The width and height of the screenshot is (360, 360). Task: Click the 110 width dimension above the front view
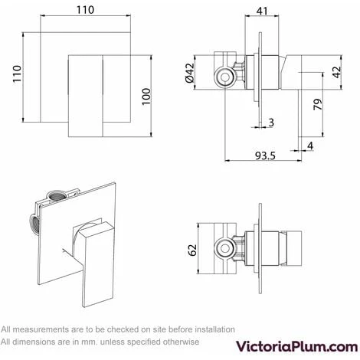85,10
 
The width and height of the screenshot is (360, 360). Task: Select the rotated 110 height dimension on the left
17,74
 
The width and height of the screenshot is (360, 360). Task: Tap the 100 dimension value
146,97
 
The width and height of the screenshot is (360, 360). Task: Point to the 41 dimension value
262,11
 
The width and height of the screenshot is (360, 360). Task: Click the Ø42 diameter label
190,73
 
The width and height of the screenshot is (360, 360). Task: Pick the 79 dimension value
318,104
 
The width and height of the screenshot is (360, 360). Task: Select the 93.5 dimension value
265,155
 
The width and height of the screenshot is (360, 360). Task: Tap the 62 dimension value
192,250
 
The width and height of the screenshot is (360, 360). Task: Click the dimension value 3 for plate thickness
271,123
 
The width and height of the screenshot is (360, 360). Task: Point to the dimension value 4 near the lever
310,146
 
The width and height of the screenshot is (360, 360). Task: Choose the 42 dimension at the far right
337,72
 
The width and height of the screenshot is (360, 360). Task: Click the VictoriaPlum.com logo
296,347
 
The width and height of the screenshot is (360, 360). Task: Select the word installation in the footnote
214,329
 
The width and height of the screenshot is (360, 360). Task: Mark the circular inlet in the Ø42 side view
224,77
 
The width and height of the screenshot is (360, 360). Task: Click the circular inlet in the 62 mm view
224,248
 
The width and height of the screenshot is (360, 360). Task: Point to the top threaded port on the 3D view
55,196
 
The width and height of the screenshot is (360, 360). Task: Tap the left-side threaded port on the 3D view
34,224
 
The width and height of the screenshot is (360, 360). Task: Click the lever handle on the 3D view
95,264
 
